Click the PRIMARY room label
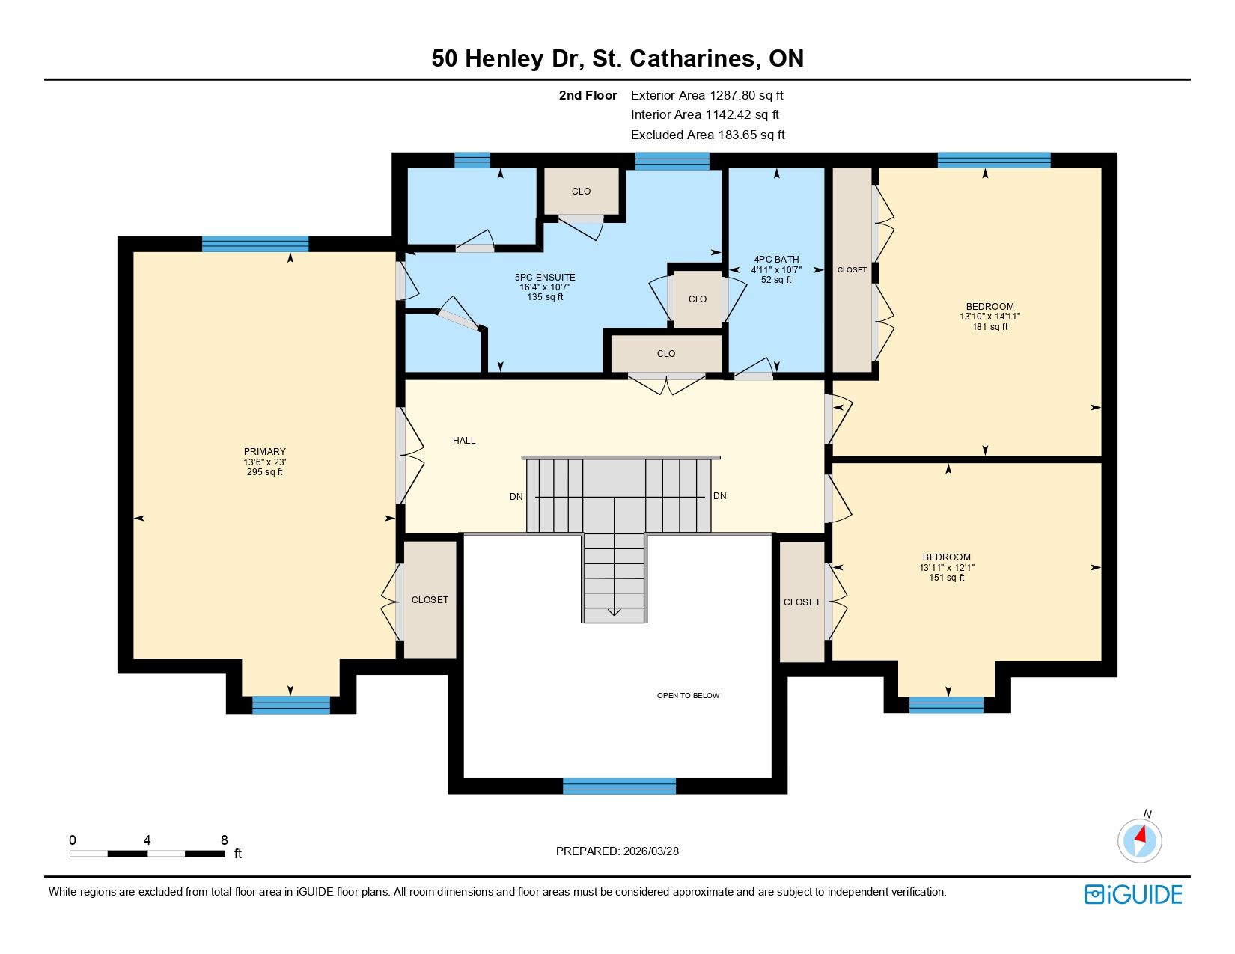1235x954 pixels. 264,451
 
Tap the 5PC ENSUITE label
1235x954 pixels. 545,278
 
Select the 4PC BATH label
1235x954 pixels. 776,260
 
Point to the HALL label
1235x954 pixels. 464,441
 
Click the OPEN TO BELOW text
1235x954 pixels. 689,695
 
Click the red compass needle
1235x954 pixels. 1141,834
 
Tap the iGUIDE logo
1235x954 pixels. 1133,894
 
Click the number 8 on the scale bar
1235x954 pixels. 225,840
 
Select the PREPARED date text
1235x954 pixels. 617,851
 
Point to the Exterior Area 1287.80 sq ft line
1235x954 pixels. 707,96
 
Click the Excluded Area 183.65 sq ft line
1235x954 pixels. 707,135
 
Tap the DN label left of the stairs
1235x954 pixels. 516,497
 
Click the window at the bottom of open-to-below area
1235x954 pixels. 620,786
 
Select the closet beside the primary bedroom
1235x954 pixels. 430,599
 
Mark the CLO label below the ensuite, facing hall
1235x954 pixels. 666,354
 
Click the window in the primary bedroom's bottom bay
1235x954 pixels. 291,705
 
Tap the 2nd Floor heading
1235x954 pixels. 588,96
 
